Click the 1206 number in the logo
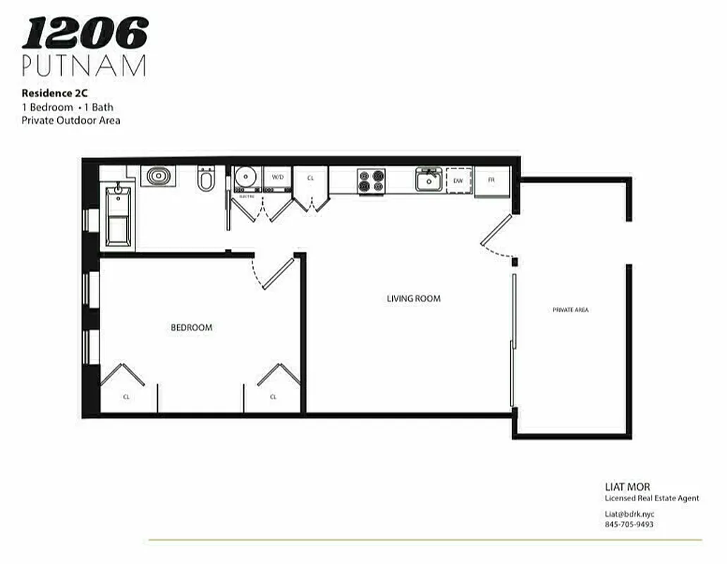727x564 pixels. tap(85, 33)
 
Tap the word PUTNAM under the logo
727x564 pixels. tap(84, 65)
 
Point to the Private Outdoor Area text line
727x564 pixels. tap(71, 120)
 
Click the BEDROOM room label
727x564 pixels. tap(191, 327)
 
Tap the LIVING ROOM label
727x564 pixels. tap(413, 298)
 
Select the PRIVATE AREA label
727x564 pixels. tap(570, 309)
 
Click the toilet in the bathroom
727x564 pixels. tap(206, 180)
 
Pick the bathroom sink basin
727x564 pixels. tap(157, 175)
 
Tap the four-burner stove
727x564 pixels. tap(371, 180)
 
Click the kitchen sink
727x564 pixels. tap(428, 180)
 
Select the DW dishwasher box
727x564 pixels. tap(458, 181)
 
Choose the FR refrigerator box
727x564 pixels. tap(491, 180)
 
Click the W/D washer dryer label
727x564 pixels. tap(278, 177)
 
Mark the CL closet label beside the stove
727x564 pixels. tap(310, 178)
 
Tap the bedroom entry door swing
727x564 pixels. tap(274, 274)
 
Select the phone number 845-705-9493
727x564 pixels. tap(629, 525)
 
